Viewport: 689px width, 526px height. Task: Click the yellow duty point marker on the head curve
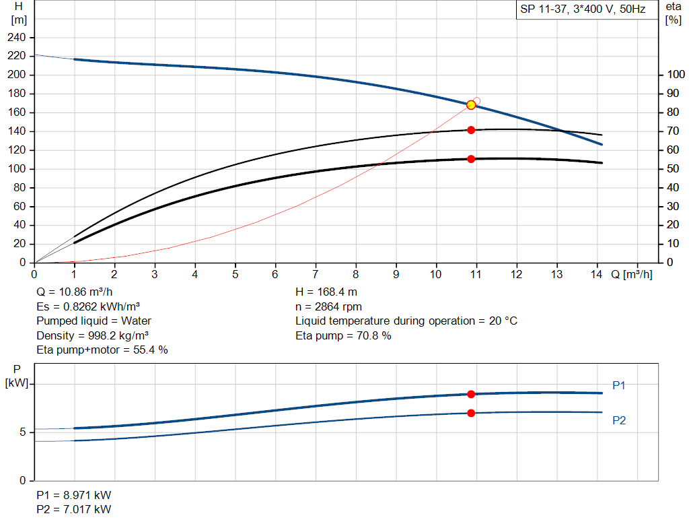pyautogui.click(x=471, y=104)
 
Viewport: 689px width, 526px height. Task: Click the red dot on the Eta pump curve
pyautogui.click(x=471, y=130)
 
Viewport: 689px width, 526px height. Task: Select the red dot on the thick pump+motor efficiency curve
pyautogui.click(x=471, y=159)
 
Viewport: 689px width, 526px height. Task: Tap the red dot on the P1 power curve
pyautogui.click(x=471, y=394)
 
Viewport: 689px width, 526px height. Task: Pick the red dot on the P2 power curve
pyautogui.click(x=471, y=413)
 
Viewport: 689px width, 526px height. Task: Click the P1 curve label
pyautogui.click(x=619, y=385)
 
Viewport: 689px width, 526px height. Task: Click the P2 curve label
pyautogui.click(x=619, y=420)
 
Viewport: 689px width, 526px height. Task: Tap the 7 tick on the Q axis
pyautogui.click(x=316, y=274)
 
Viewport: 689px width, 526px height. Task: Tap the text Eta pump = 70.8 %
pyautogui.click(x=343, y=335)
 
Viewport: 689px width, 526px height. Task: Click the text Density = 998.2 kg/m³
pyautogui.click(x=93, y=335)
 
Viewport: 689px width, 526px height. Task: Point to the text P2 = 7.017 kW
pyautogui.click(x=74, y=509)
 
